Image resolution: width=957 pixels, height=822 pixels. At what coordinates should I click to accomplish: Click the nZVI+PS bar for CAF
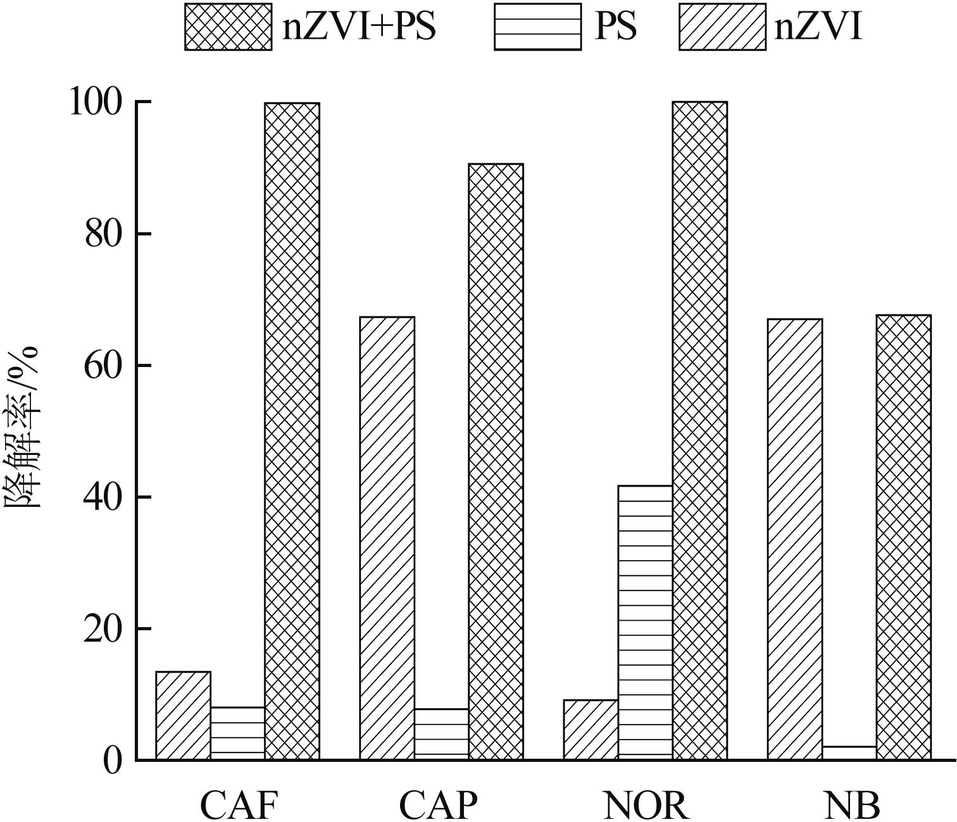pyautogui.click(x=292, y=430)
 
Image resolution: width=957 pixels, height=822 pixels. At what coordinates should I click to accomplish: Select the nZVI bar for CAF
pyautogui.click(x=183, y=715)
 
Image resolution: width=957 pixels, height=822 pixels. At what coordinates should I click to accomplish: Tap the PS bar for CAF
pyautogui.click(x=237, y=733)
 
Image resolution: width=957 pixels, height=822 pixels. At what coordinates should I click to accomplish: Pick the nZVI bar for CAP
pyautogui.click(x=387, y=538)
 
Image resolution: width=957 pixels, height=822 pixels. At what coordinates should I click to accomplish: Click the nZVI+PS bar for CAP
pyautogui.click(x=496, y=462)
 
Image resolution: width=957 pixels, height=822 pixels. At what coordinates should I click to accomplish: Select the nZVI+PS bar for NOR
pyautogui.click(x=699, y=430)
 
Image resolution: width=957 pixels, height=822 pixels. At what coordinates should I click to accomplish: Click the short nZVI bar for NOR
pyautogui.click(x=591, y=729)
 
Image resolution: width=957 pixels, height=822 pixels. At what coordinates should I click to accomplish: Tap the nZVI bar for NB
pyautogui.click(x=794, y=539)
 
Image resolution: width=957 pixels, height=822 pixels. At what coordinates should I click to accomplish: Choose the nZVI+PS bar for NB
pyautogui.click(x=903, y=537)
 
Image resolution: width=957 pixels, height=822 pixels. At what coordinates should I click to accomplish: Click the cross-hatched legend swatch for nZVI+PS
pyautogui.click(x=228, y=27)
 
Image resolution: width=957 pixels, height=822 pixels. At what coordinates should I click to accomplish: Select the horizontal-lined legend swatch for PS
pyautogui.click(x=537, y=27)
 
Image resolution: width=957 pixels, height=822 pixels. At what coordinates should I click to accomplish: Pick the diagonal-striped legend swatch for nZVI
pyautogui.click(x=722, y=27)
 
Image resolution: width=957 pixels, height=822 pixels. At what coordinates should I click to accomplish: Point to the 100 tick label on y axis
pyautogui.click(x=95, y=103)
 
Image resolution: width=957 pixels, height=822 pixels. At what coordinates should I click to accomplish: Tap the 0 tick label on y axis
pyautogui.click(x=112, y=761)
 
